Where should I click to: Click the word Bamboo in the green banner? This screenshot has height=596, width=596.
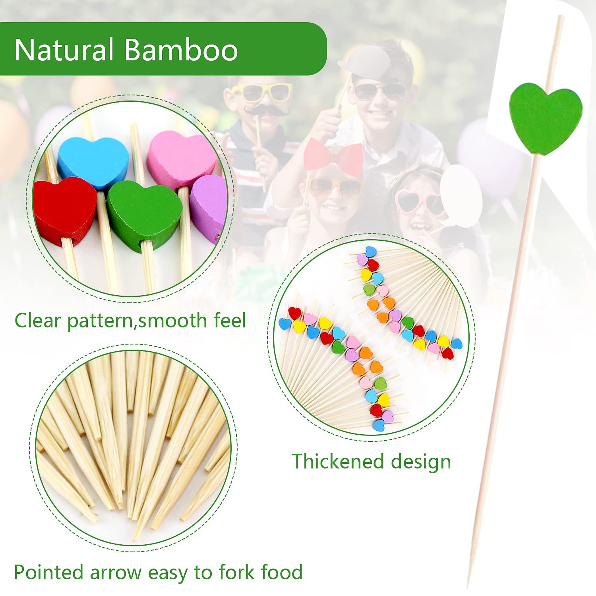pos(181,50)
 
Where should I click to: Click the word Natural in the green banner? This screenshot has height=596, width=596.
pos(64,50)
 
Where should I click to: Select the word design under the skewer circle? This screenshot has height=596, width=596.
pos(421,463)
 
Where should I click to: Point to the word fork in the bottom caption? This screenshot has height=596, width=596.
pos(235,572)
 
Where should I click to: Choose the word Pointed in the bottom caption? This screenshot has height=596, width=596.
pos(49,572)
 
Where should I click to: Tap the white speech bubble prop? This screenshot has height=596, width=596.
pos(461,196)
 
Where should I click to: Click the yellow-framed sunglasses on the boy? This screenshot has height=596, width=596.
pos(262,92)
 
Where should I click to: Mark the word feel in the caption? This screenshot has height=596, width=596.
pos(230,320)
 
